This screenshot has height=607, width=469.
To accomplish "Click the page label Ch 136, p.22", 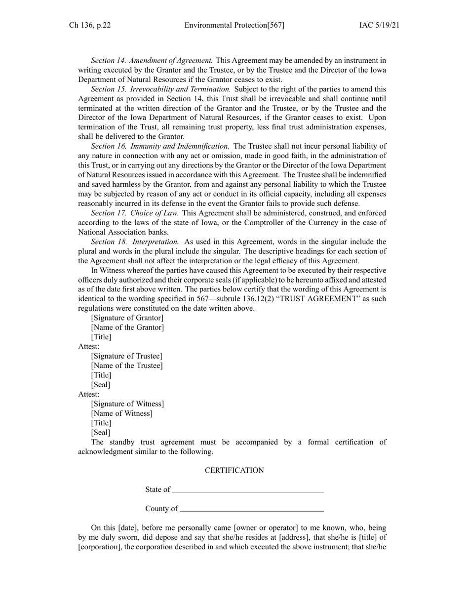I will pyautogui.click(x=89, y=25).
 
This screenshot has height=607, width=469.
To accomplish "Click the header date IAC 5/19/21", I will pyautogui.click(x=379, y=25).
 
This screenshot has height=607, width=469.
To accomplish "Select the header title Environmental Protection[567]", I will pyautogui.click(x=234, y=25).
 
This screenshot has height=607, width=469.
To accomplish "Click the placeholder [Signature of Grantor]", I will pyautogui.click(x=127, y=318).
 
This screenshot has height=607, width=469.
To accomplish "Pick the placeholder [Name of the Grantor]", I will pyautogui.click(x=127, y=327).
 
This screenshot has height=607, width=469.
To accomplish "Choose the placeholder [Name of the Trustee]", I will pyautogui.click(x=127, y=365).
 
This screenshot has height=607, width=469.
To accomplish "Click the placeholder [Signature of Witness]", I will pyautogui.click(x=127, y=404).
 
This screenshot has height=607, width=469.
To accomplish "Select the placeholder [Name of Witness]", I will pyautogui.click(x=121, y=413).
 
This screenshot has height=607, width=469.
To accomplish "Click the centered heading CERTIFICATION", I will pyautogui.click(x=234, y=471).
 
